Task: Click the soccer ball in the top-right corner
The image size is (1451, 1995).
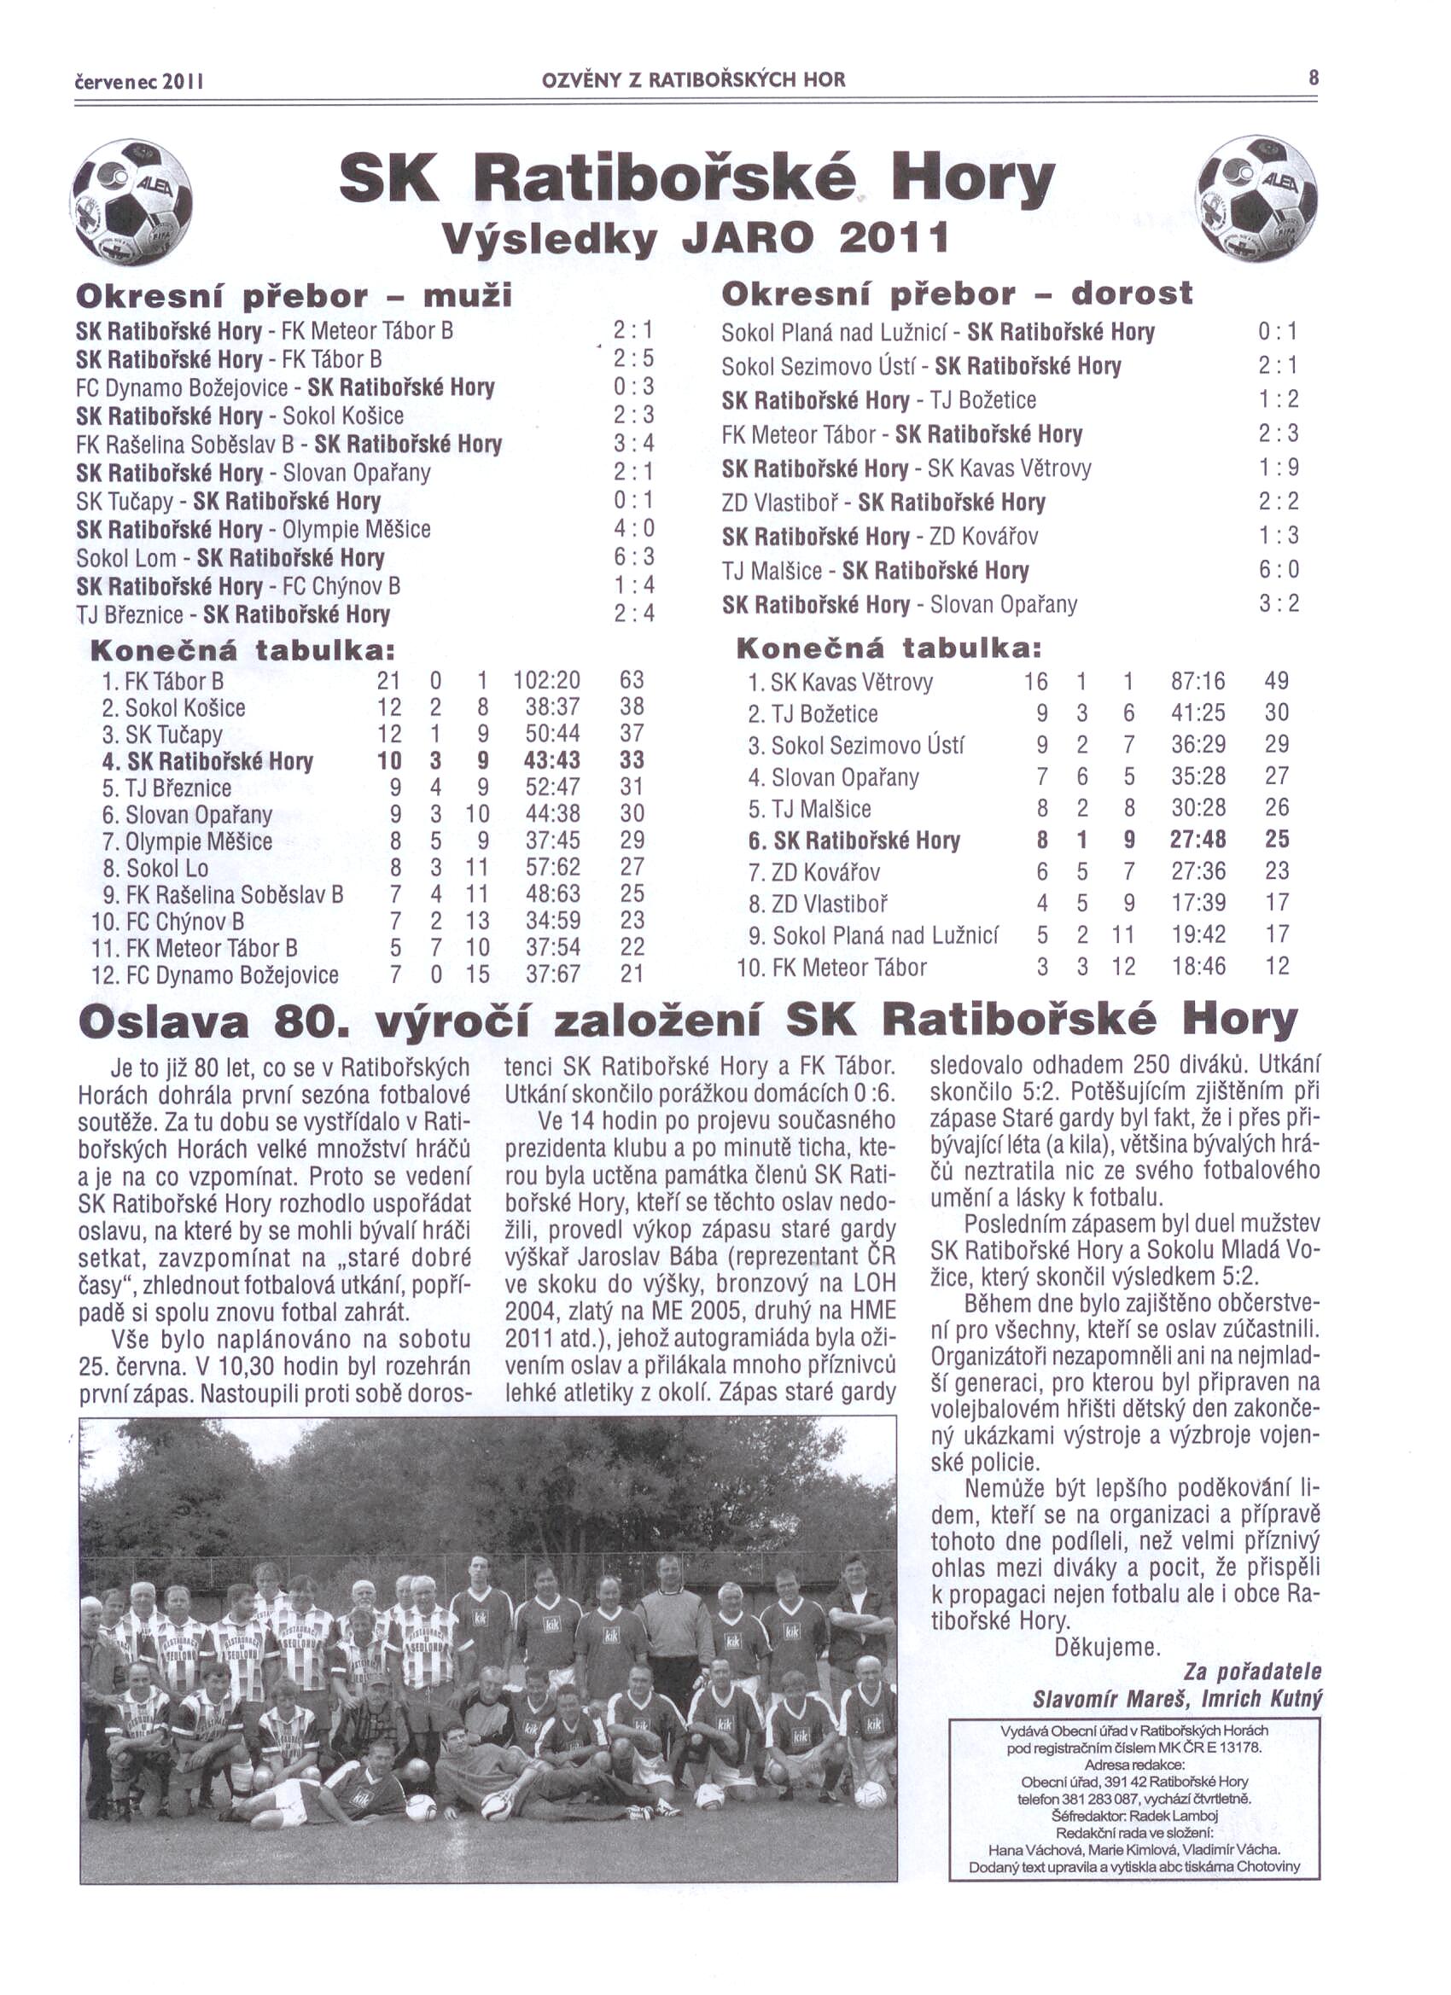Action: tap(1258, 198)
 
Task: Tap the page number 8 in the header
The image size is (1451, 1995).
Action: tap(1313, 79)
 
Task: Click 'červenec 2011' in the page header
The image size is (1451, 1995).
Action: tap(140, 81)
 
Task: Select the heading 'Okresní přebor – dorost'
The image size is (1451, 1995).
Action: tap(957, 294)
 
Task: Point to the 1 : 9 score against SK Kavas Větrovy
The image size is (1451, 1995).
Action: tap(1279, 467)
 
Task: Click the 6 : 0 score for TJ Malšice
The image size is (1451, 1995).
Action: tap(1279, 569)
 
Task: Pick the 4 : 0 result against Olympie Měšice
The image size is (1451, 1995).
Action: tap(633, 529)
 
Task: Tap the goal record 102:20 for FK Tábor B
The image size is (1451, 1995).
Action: tap(546, 680)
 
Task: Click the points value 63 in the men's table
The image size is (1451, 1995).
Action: tap(632, 680)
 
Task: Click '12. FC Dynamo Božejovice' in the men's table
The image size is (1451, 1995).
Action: tap(215, 974)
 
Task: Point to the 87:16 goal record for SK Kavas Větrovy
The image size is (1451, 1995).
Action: tap(1198, 681)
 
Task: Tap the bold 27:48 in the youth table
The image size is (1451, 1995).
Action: tap(1198, 839)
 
